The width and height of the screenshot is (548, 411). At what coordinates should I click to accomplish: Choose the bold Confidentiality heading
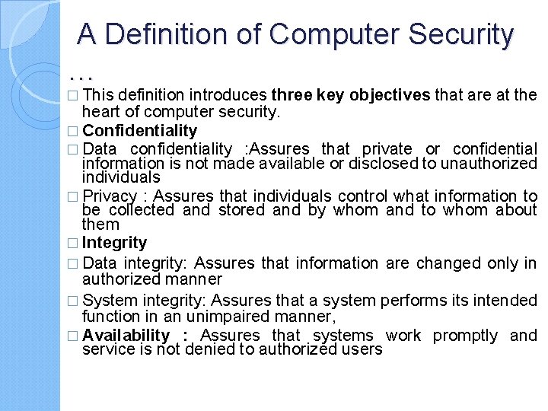pyautogui.click(x=139, y=130)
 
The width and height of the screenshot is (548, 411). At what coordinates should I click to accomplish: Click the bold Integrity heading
pyautogui.click(x=114, y=243)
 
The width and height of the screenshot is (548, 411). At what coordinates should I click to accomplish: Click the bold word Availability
pyautogui.click(x=126, y=336)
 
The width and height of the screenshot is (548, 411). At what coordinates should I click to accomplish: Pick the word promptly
pyautogui.click(x=465, y=336)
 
